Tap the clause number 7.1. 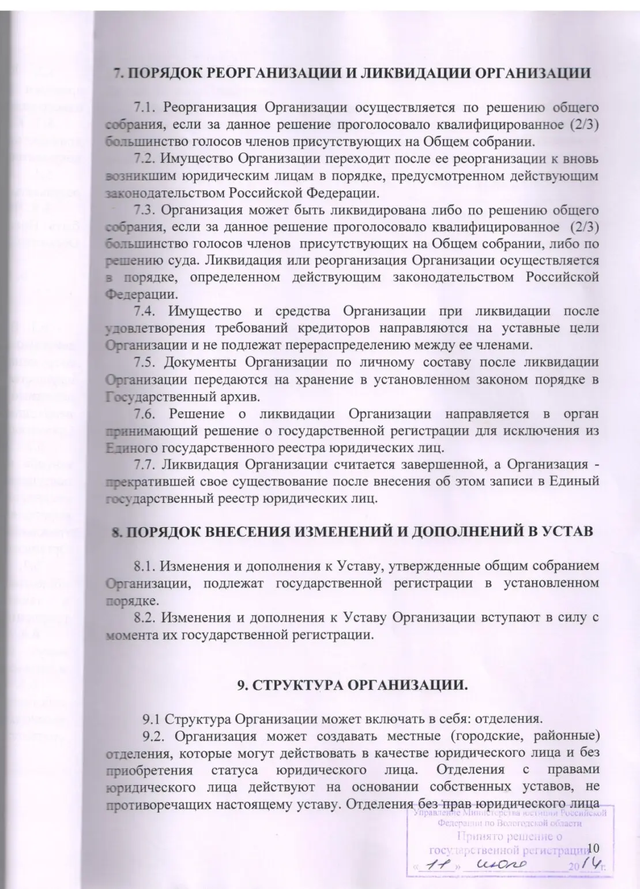pos(145,107)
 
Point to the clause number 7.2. pos(145,158)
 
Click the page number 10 pos(593,847)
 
